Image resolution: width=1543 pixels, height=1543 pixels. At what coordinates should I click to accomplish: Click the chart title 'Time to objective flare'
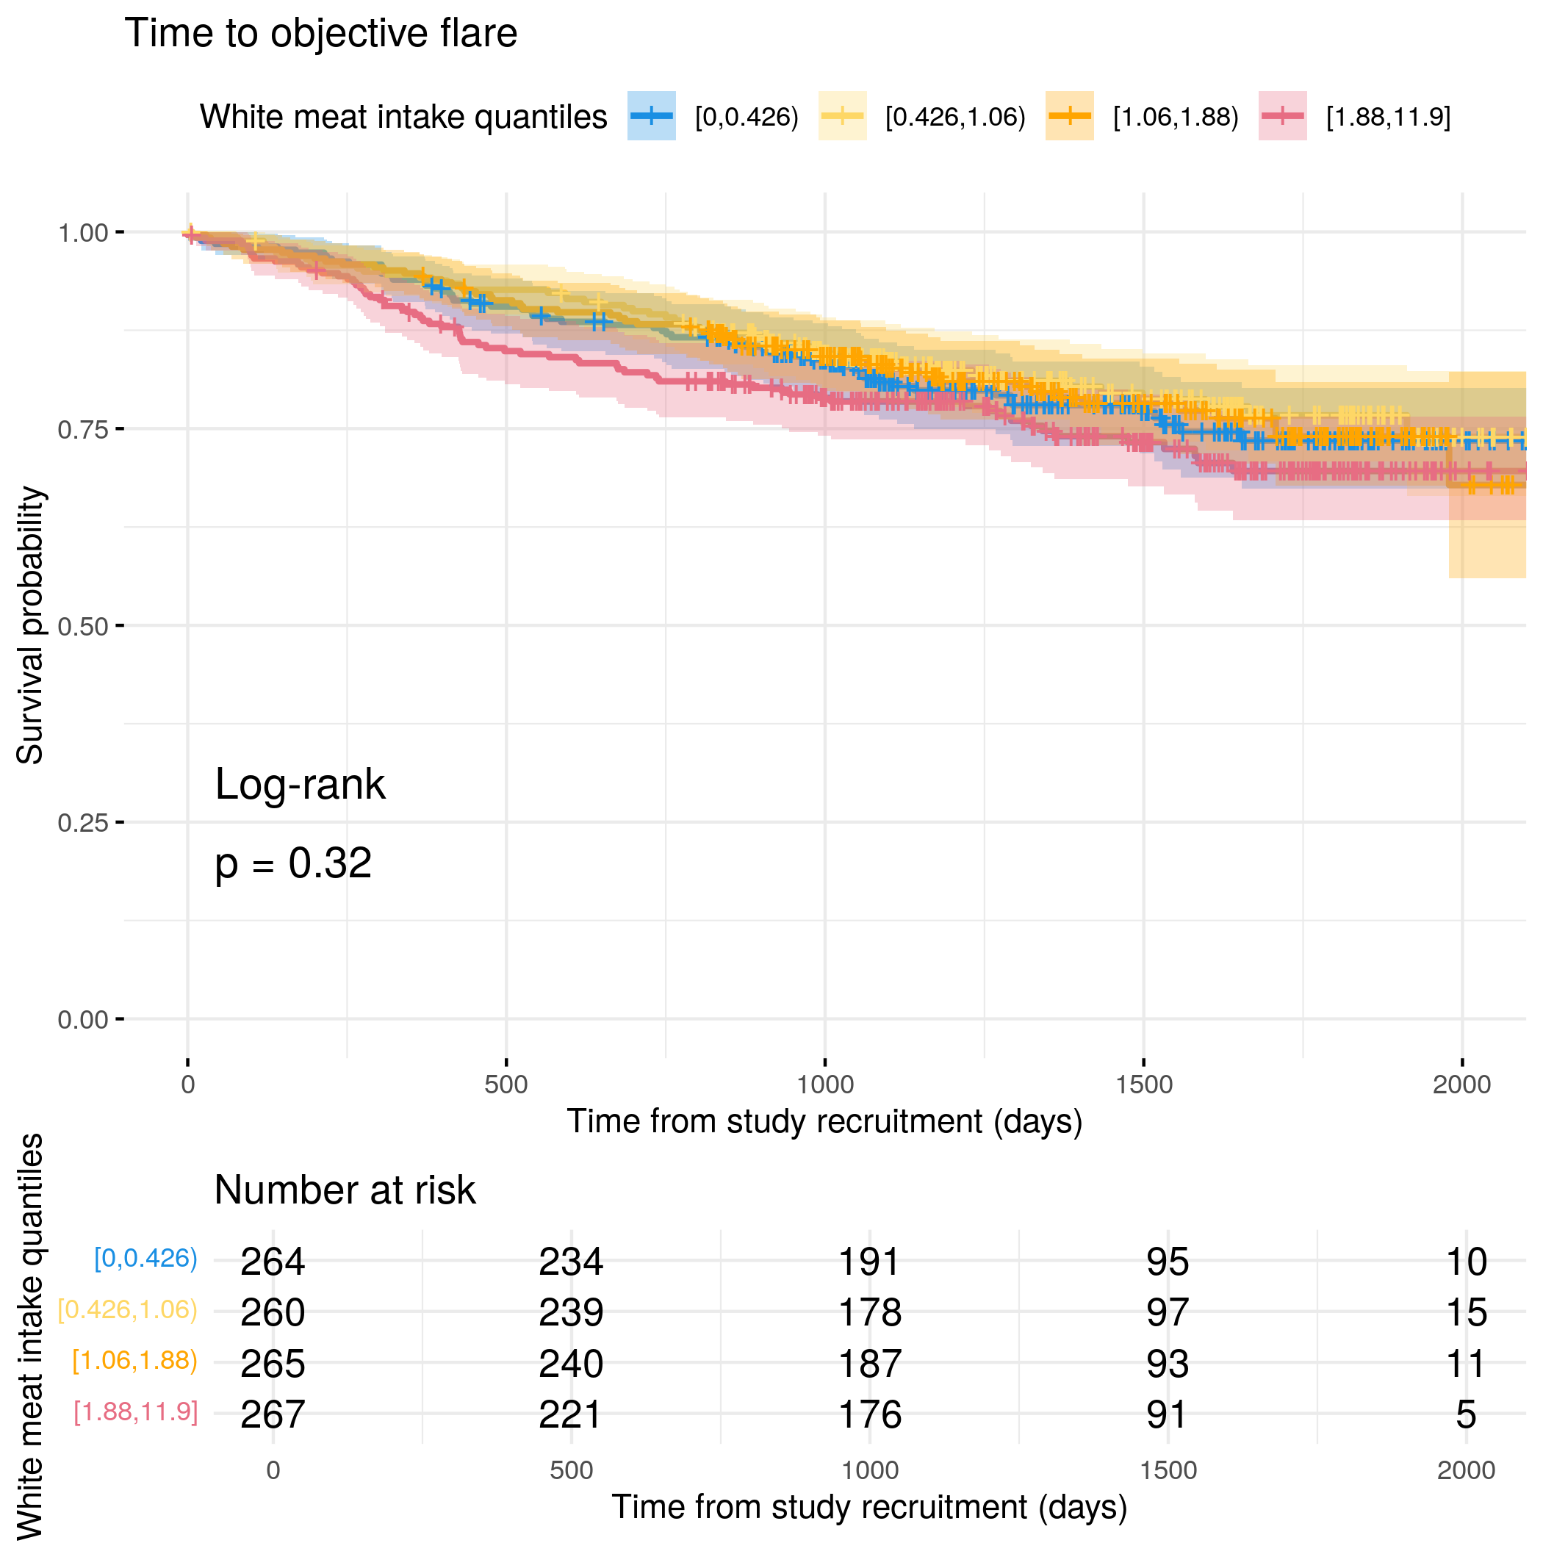tap(320, 34)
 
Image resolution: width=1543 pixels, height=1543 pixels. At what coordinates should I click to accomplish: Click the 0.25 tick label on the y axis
tap(82, 823)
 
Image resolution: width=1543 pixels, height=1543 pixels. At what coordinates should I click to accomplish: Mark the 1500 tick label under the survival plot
tap(1144, 1085)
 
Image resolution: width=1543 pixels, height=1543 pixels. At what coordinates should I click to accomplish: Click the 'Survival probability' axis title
tap(30, 625)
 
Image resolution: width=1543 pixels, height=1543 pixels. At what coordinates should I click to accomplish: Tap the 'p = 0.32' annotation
tap(293, 863)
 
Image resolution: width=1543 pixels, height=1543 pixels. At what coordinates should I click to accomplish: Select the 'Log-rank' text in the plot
tap(300, 784)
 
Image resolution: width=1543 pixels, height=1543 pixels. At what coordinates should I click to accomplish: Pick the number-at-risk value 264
tap(273, 1262)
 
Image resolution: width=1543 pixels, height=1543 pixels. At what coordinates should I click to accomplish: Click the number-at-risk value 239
tap(570, 1312)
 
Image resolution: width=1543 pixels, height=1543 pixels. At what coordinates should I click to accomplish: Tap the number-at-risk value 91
tap(1167, 1414)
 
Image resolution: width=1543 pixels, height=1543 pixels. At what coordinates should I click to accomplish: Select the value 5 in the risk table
tap(1466, 1414)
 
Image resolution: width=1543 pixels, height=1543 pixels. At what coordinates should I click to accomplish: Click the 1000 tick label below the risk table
tap(869, 1470)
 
